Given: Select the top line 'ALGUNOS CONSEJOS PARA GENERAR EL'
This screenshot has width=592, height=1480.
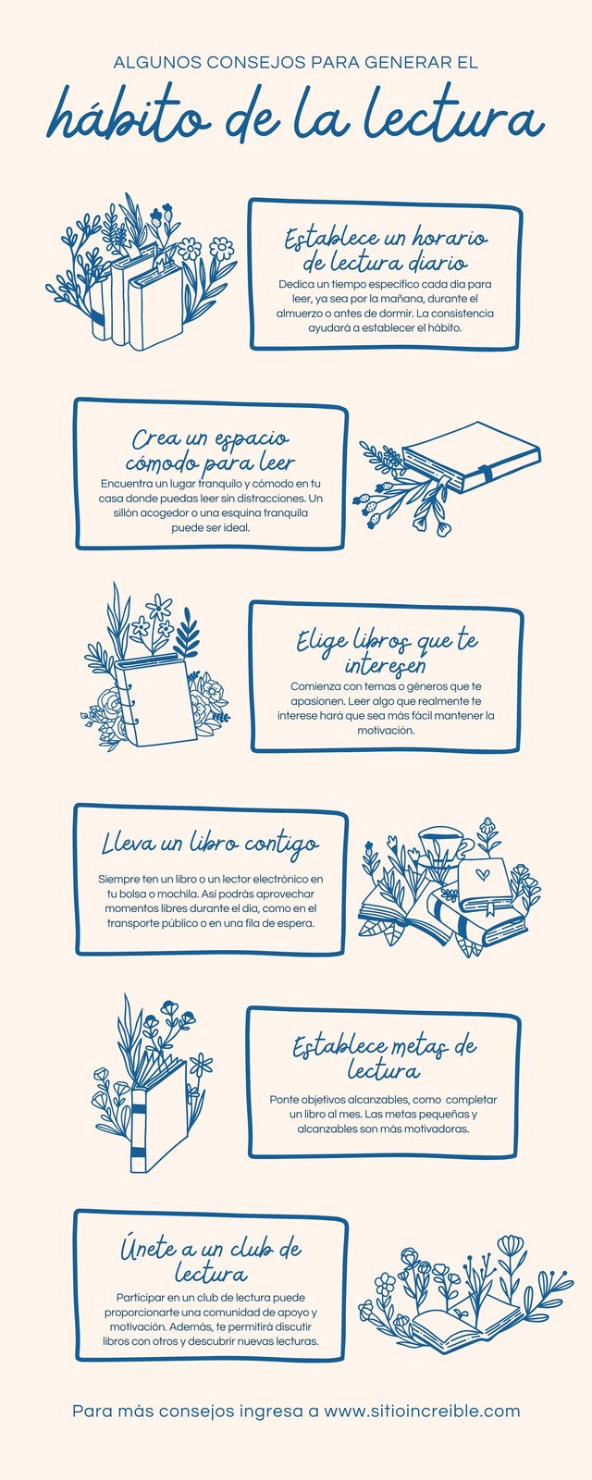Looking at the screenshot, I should point(296,63).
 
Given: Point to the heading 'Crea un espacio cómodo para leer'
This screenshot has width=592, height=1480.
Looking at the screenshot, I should point(210,450).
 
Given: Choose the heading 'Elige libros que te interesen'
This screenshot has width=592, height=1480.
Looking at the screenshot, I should point(387,652).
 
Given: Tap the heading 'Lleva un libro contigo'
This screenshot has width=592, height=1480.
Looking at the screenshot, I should point(210,845).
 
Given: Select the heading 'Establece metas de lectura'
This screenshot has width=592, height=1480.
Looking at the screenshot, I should point(385,1058).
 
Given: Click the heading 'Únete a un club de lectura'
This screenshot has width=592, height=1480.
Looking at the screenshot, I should point(210,1261).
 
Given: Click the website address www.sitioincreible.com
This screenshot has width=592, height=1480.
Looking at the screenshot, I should point(422,1411).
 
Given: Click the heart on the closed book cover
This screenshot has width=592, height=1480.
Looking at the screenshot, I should point(481,872).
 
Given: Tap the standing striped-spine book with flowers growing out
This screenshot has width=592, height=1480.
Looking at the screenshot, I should point(157,1115).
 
